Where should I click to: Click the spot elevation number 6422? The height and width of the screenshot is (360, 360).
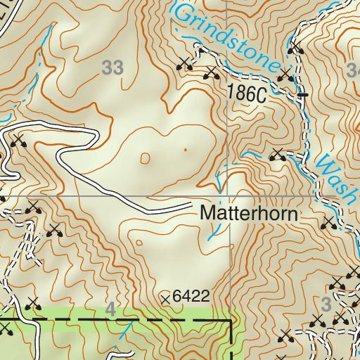[192, 297]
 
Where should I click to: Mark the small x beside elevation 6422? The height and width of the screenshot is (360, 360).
[166, 300]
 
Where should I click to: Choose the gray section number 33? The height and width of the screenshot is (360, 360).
[112, 68]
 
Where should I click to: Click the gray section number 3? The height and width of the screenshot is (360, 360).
[325, 304]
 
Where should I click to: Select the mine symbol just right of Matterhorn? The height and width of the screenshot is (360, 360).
[328, 224]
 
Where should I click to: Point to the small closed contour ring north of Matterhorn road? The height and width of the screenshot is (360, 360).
[145, 158]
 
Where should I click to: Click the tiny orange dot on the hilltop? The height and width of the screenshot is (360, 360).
[186, 150]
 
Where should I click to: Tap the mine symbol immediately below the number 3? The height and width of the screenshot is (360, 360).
[318, 323]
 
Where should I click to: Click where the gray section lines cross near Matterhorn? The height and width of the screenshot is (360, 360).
[228, 196]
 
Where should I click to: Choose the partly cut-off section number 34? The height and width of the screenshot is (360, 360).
[353, 68]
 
